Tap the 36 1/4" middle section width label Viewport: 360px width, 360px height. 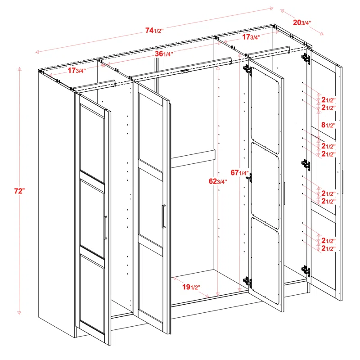(164, 54)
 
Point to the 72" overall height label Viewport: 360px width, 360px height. (19, 191)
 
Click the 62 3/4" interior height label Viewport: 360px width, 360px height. (218, 182)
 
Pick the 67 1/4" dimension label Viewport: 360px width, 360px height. (239, 173)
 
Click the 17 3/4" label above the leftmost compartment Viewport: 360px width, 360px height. (77, 70)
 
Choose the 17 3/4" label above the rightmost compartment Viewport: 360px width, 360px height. (251, 37)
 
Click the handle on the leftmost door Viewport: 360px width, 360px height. (105, 228)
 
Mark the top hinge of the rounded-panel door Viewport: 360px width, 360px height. (247, 70)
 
